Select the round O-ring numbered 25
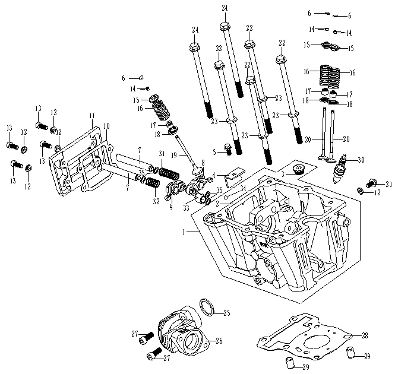(x=206, y=307)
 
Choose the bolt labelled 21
(x=372, y=182)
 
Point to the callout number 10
(x=106, y=126)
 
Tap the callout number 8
(x=203, y=161)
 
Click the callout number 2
(x=217, y=203)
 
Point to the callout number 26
(x=219, y=341)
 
